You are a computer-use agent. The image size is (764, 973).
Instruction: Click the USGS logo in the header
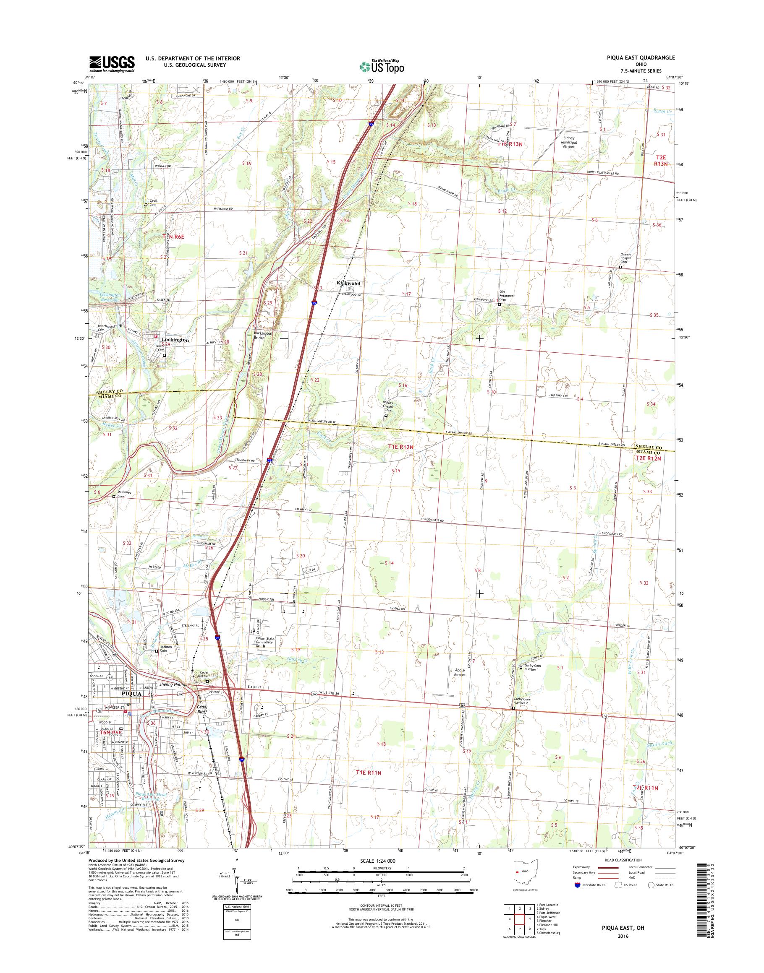coord(112,64)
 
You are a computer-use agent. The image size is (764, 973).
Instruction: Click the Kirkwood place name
coord(349,284)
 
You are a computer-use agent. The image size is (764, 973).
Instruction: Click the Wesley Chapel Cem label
coord(387,408)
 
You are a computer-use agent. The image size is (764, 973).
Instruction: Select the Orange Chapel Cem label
coord(625,258)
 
